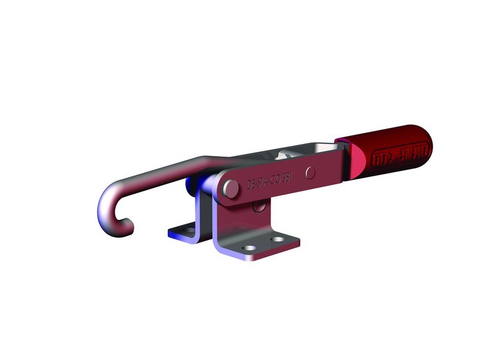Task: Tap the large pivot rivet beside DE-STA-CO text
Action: (229, 188)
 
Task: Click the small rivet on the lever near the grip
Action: (310, 172)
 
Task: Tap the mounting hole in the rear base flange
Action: (190, 229)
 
